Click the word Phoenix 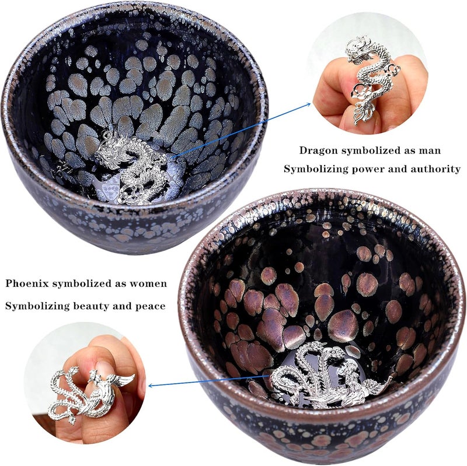(x=27, y=283)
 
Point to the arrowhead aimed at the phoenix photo (x=151, y=386)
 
